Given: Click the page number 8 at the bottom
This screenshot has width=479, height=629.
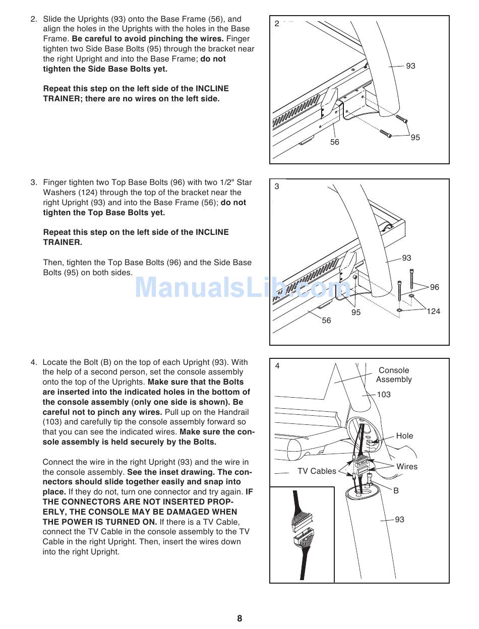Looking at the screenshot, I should (239, 618).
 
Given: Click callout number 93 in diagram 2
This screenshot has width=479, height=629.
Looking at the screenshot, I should (410, 66).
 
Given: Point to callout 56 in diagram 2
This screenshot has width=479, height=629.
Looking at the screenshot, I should (335, 142).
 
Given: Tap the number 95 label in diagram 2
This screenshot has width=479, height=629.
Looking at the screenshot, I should (415, 138).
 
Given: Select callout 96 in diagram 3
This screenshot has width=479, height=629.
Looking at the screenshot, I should (434, 287).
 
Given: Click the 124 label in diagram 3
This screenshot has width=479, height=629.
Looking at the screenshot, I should (433, 311).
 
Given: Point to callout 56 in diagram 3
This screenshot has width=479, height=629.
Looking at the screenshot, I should (326, 321).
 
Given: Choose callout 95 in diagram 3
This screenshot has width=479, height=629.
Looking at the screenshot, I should (356, 312).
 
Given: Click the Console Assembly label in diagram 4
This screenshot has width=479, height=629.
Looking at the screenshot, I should (394, 375).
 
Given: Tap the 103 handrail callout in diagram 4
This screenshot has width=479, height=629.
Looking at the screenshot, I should (384, 395).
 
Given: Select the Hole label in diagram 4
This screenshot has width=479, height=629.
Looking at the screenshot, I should (404, 436).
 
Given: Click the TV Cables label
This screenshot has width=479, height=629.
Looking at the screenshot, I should (317, 471).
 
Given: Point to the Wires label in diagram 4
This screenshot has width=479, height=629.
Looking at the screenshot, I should (407, 467).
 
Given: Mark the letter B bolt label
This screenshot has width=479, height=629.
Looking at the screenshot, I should (396, 490).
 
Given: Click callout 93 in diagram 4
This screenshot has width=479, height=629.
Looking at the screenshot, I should (399, 520).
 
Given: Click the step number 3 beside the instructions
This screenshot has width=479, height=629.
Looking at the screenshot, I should (33, 182).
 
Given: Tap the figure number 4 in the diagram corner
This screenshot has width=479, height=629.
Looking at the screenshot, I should (277, 366).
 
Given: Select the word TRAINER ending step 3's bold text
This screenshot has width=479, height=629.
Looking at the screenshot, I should (62, 242).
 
